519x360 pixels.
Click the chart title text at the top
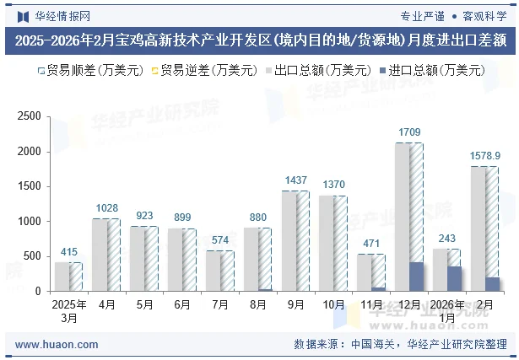(x=259, y=39)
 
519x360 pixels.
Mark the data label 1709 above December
(x=409, y=132)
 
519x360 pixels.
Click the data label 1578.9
(x=485, y=156)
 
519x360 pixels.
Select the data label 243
(x=447, y=238)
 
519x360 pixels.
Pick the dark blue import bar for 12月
(x=416, y=277)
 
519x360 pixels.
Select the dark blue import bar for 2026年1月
(x=454, y=279)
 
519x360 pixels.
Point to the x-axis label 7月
(x=219, y=304)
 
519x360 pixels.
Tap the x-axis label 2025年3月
(x=68, y=310)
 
